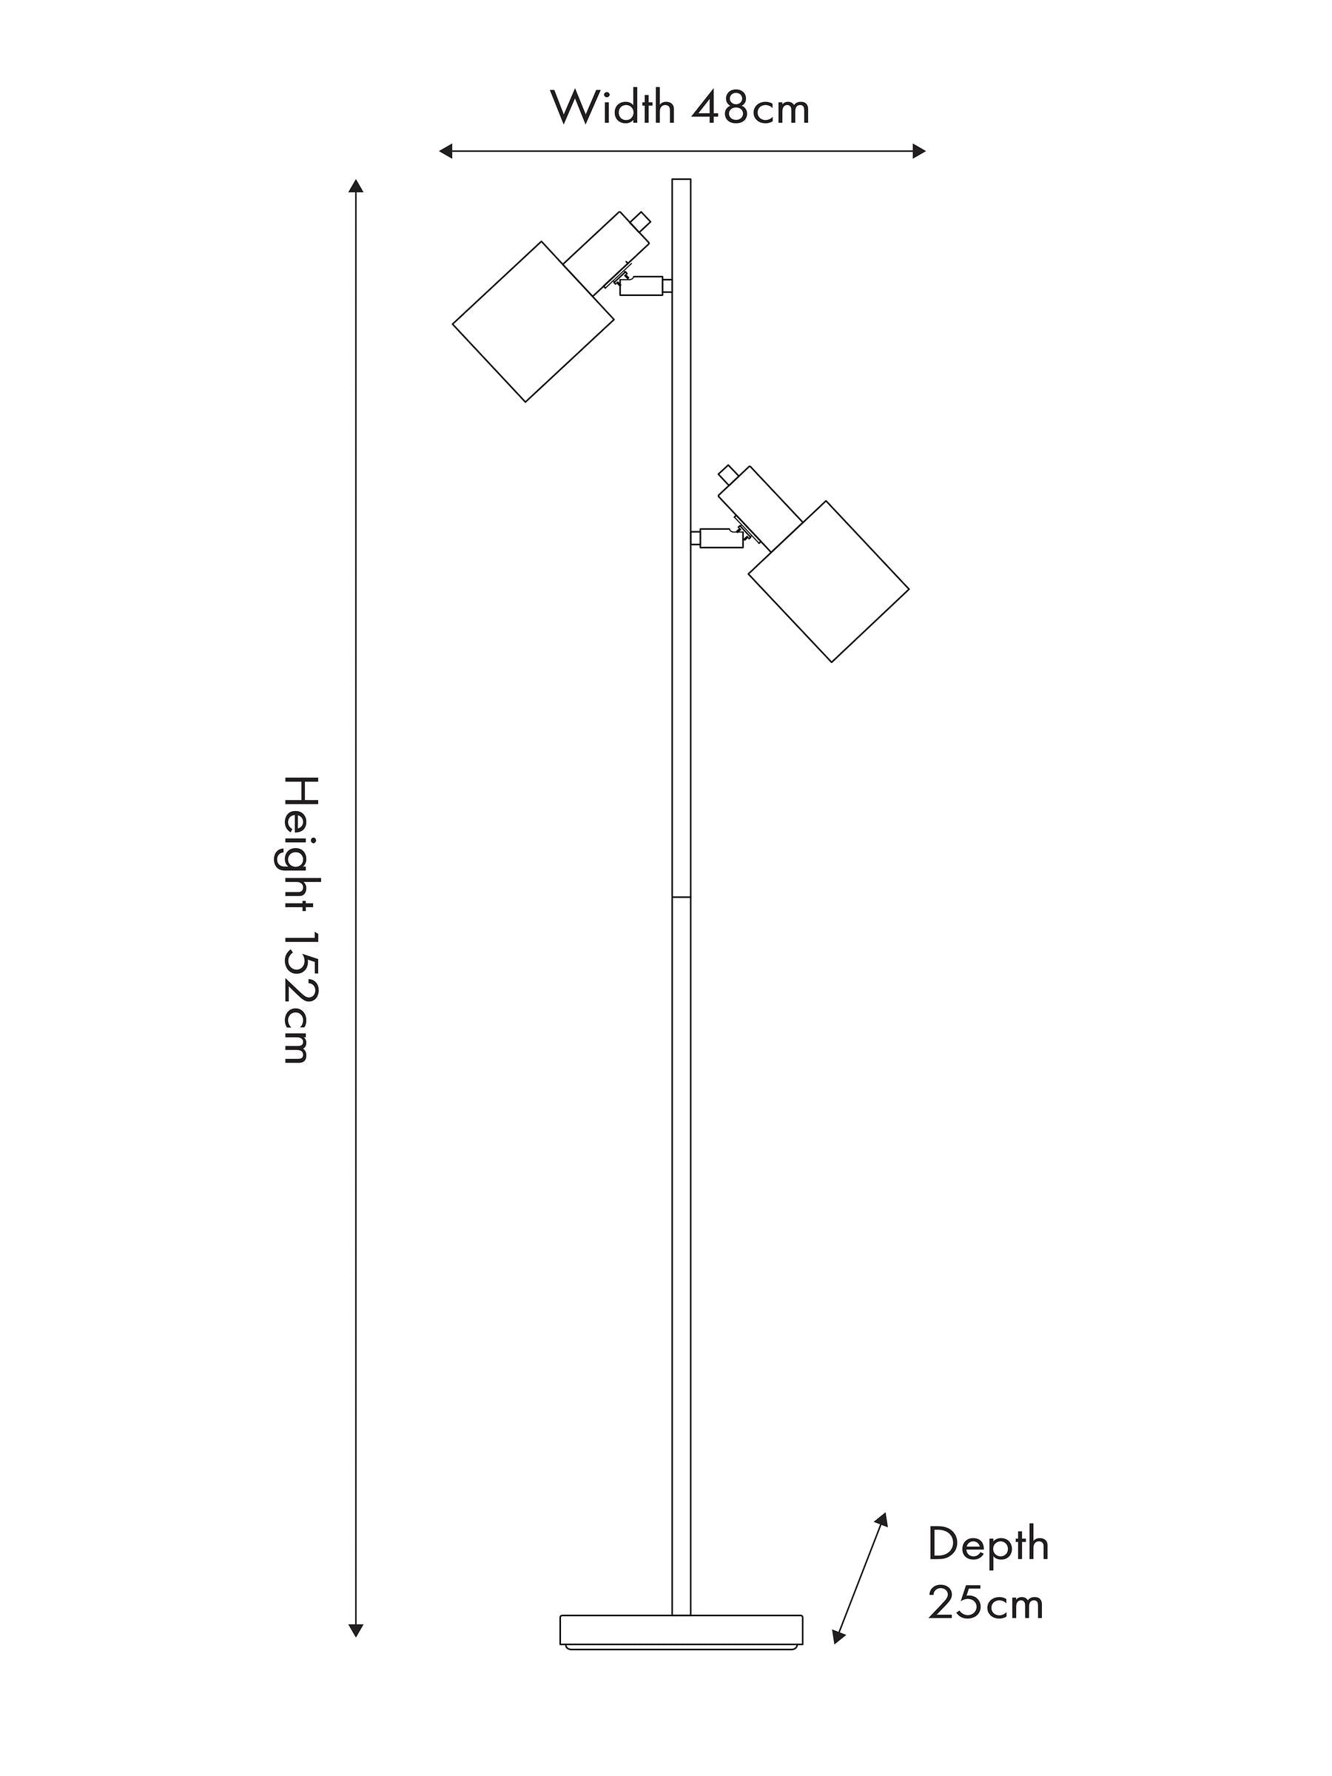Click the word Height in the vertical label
click(x=303, y=843)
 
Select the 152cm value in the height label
click(x=303, y=998)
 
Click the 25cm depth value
click(x=986, y=1604)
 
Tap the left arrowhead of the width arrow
click(x=446, y=151)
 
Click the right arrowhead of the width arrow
click(x=918, y=151)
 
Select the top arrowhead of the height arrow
click(x=356, y=186)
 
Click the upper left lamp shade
click(x=533, y=321)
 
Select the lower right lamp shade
click(x=829, y=582)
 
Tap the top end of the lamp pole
click(x=681, y=179)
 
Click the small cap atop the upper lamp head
click(x=640, y=219)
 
